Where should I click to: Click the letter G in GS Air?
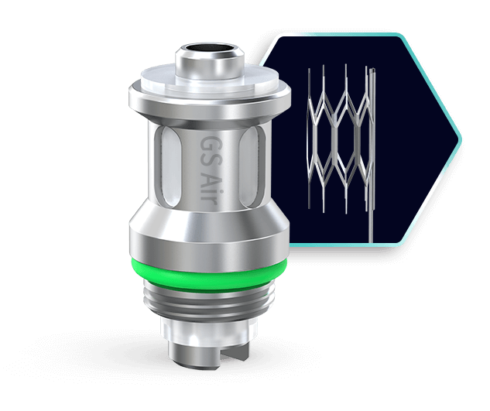pos(207,145)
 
